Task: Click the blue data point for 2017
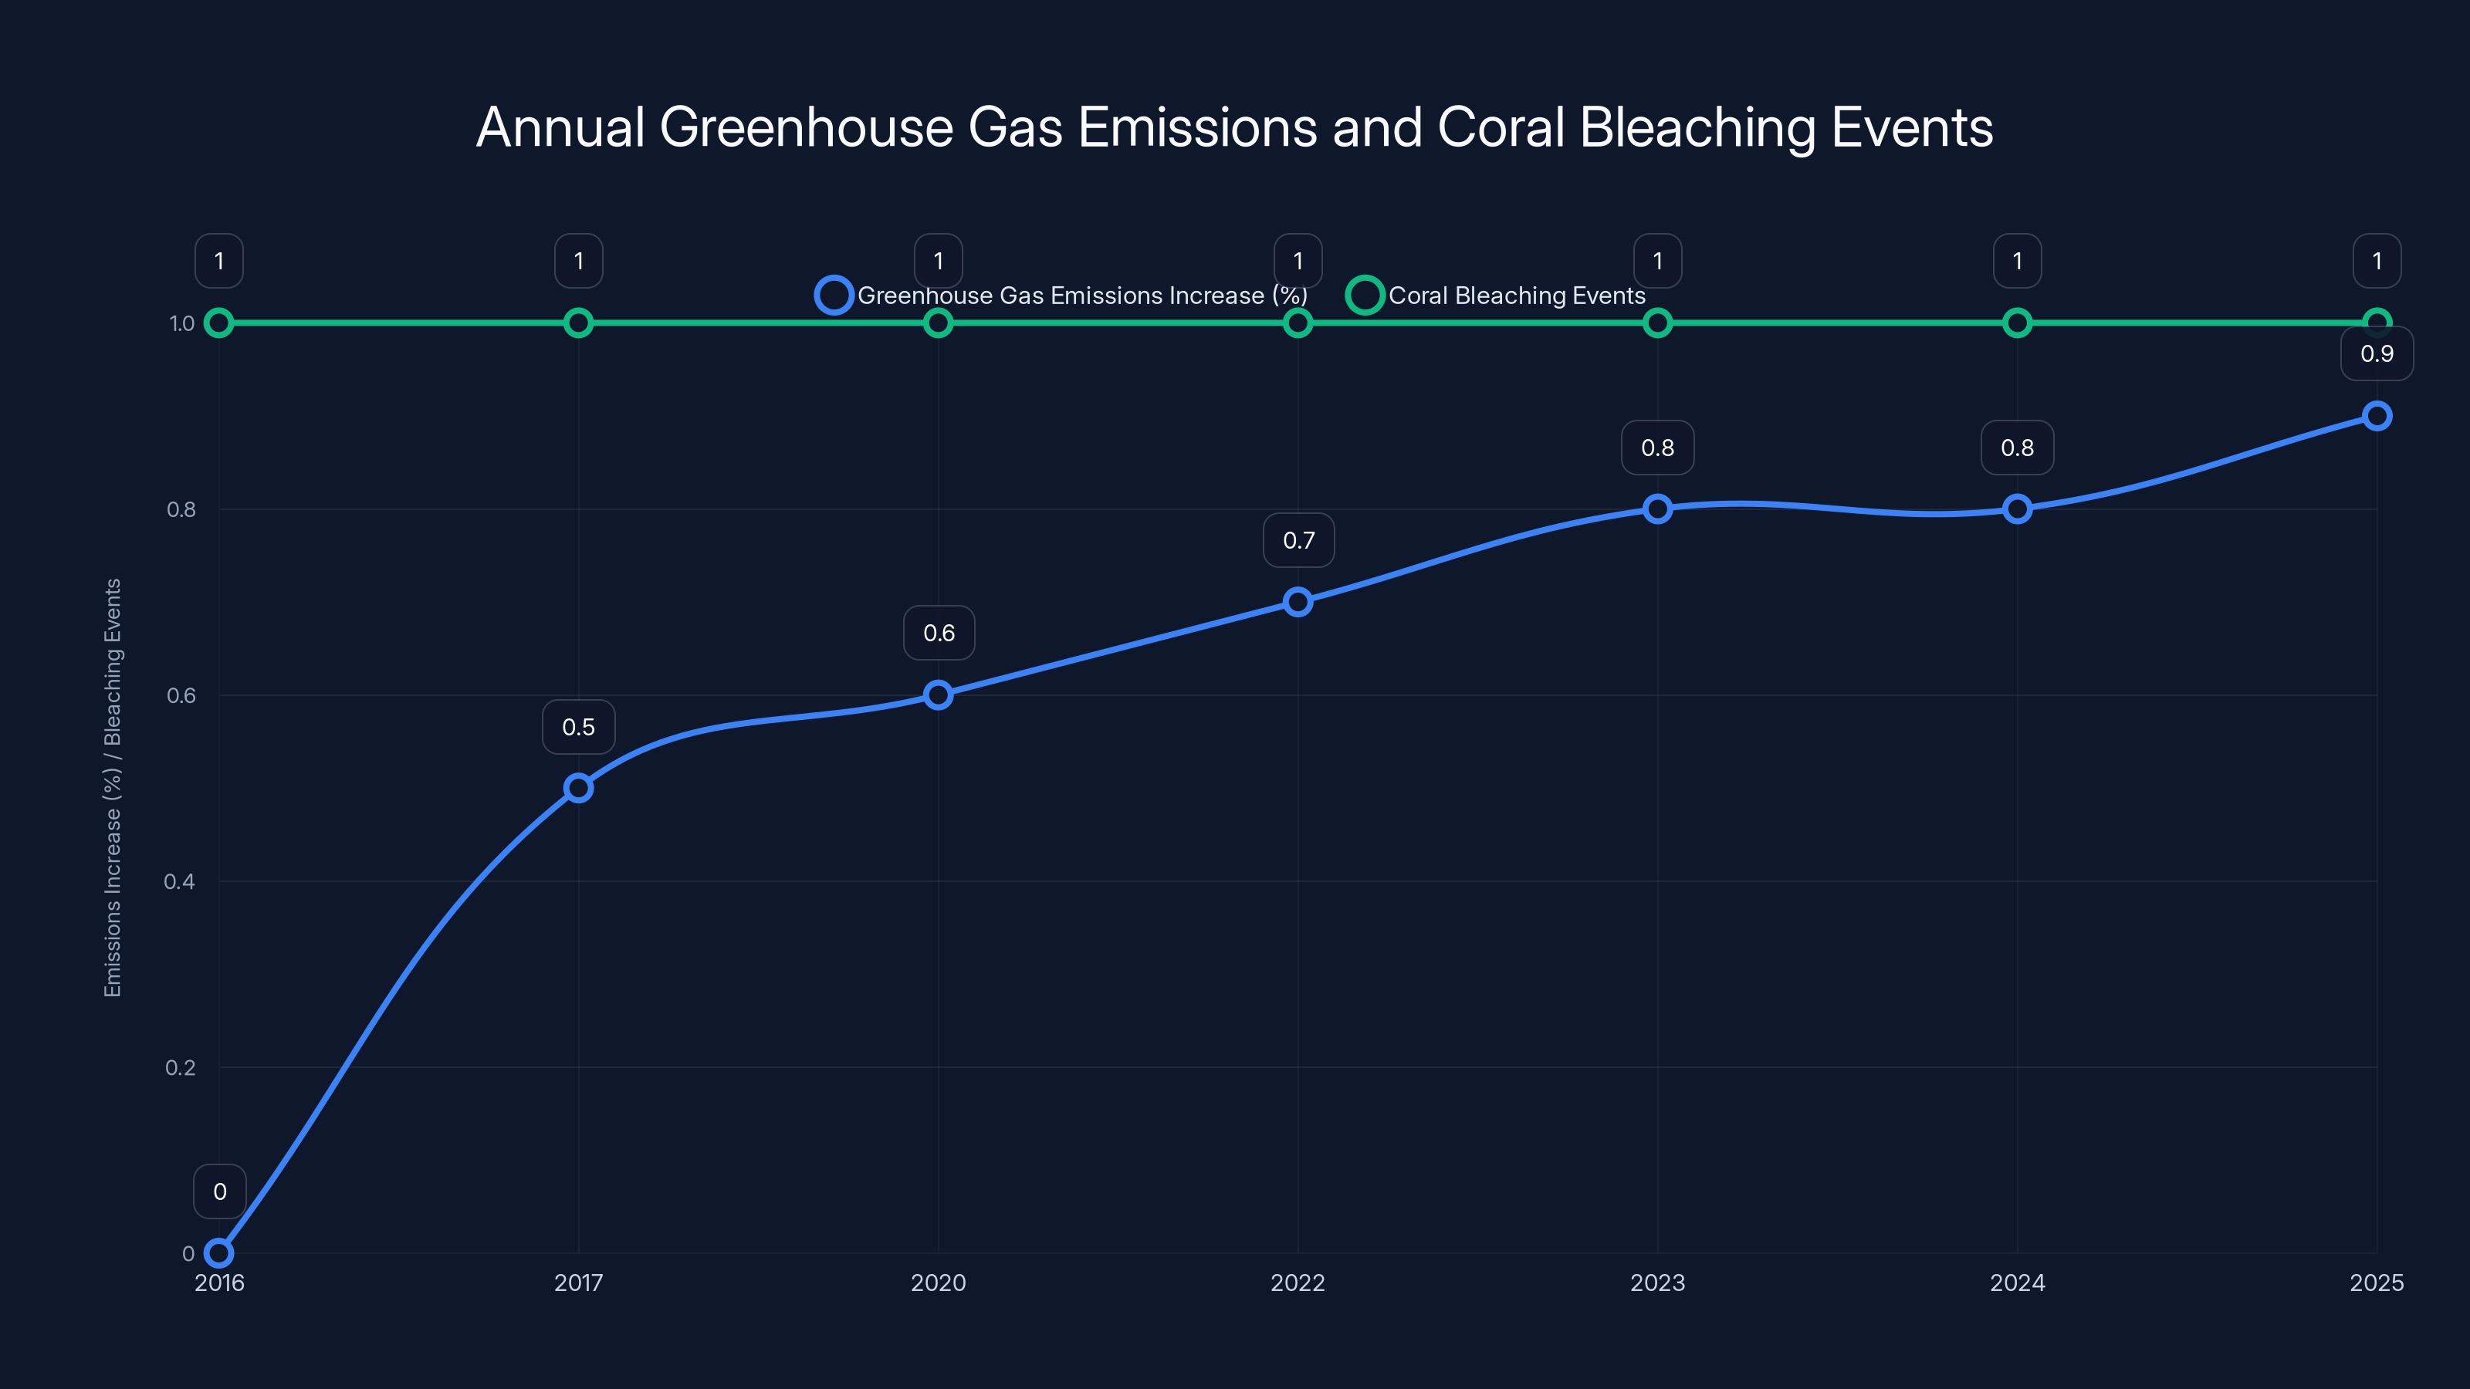578,788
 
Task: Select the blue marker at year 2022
1298,602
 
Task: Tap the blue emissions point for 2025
2376,416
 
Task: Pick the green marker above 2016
218,323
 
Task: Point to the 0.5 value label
578,728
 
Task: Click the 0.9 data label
2376,353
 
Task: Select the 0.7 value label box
1298,541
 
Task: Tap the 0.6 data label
939,634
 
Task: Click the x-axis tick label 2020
938,1283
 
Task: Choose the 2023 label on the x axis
1657,1283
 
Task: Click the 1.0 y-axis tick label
182,324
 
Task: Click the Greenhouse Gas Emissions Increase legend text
1081,296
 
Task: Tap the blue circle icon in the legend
834,296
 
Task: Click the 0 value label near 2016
219,1191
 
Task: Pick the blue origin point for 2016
218,1253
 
